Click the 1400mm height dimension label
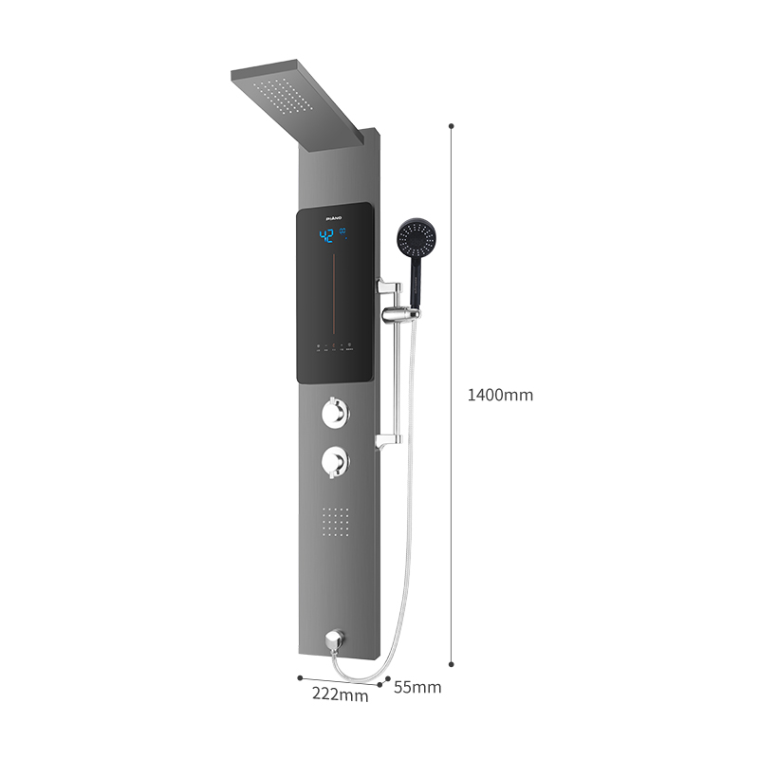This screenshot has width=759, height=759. tap(500, 395)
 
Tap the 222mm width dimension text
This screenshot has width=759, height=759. tap(340, 695)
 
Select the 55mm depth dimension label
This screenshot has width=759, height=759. tap(417, 687)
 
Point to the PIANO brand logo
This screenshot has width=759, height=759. tap(333, 217)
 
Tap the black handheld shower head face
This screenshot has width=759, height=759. tap(418, 239)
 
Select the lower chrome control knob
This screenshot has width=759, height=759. tap(335, 462)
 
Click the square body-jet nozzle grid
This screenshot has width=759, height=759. tap(336, 521)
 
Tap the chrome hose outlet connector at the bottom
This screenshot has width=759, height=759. tap(334, 639)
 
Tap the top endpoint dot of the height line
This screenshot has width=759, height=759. tap(451, 124)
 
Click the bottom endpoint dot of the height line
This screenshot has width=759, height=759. tap(451, 664)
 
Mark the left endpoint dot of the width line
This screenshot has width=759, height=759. tap(300, 677)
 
